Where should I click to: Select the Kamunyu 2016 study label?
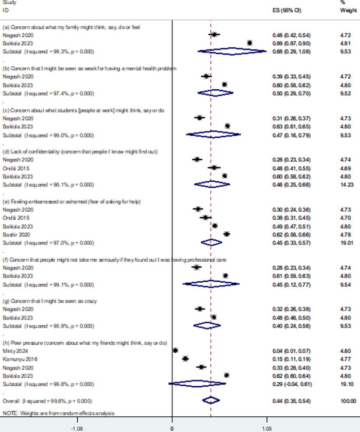pos(16,358)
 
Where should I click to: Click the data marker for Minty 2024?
pos(176,350)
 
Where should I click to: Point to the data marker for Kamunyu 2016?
pos(185,358)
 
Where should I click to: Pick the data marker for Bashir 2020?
pos(227,234)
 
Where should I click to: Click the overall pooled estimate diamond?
pos(211,400)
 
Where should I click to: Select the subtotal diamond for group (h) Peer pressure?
pos(198,384)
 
